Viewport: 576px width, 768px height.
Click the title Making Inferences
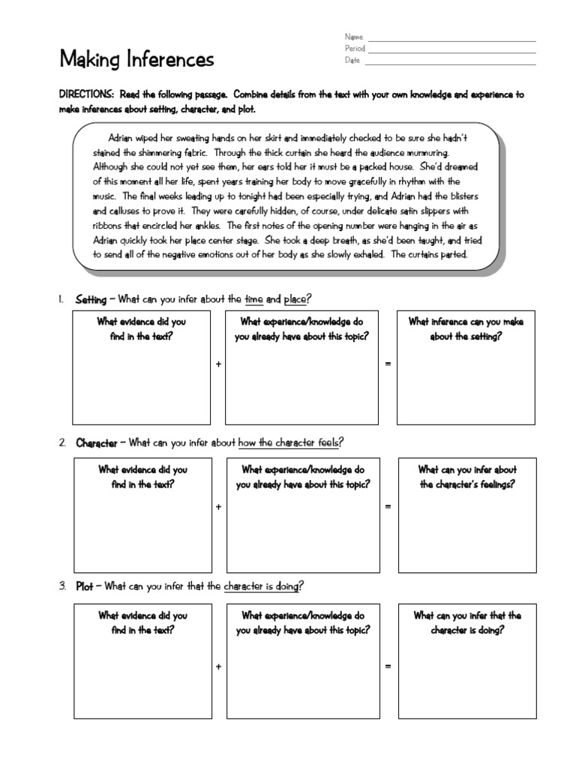click(x=136, y=58)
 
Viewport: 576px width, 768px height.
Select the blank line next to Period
click(x=451, y=52)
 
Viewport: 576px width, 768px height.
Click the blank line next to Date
click(x=451, y=64)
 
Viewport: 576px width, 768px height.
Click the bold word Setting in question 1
click(x=91, y=299)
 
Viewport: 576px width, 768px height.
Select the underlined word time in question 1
click(x=254, y=299)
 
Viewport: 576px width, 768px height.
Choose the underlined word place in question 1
click(x=295, y=299)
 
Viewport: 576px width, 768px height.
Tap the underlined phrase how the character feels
click(x=289, y=442)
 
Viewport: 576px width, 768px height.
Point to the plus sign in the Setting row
click(x=218, y=364)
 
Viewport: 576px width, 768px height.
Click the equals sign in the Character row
click(x=388, y=507)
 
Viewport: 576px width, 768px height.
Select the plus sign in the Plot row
click(x=218, y=666)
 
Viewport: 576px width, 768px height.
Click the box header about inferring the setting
click(x=466, y=328)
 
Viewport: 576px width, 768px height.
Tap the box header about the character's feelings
click(x=467, y=477)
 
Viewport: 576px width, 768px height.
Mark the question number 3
click(x=62, y=586)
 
